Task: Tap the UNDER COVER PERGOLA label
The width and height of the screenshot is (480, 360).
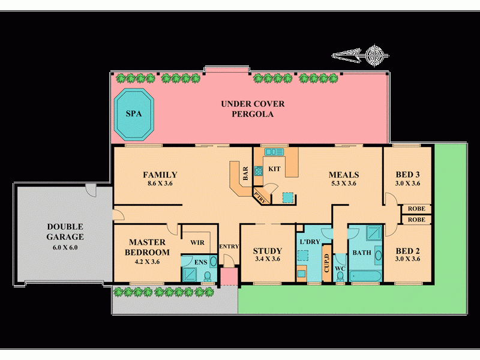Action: point(253,109)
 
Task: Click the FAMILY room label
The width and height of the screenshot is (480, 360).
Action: point(160,175)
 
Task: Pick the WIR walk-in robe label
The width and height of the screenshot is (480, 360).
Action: point(197,242)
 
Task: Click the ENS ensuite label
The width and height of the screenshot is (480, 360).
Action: point(201,262)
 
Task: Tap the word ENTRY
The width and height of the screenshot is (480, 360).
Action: point(229,247)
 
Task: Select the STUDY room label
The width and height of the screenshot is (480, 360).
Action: point(268,251)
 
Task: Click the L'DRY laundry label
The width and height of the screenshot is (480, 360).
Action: point(309,241)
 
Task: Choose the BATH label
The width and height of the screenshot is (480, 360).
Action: point(362,253)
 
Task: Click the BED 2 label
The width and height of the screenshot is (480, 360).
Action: point(407,251)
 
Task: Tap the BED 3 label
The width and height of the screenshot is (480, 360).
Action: point(407,175)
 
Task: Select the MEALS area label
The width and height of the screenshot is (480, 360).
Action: point(343,175)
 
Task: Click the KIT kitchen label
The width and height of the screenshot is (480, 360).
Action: point(274,169)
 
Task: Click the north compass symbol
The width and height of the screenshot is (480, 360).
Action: point(376,56)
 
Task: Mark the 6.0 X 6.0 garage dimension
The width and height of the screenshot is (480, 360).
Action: point(65,247)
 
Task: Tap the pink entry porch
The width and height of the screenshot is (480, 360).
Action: point(229,277)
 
